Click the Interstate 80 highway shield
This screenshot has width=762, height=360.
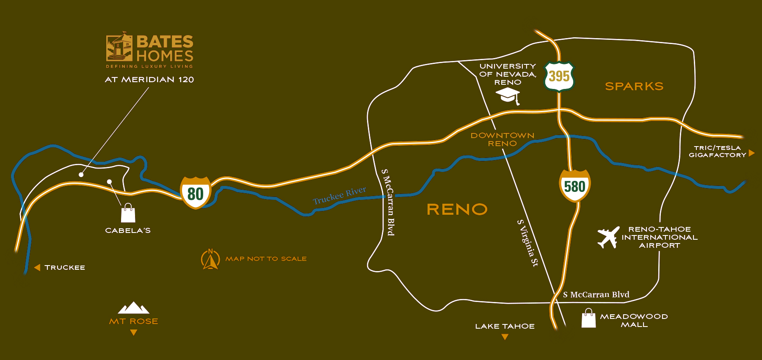tap(195, 193)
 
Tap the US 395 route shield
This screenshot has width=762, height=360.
tap(559, 76)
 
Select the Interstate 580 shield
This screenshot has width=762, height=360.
tap(574, 186)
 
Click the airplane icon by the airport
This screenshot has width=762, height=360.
tap(608, 237)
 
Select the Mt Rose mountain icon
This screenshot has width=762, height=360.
tap(133, 308)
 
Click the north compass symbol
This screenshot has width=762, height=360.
tap(210, 259)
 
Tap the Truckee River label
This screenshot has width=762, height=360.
tap(340, 195)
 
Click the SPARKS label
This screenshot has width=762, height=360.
tap(634, 86)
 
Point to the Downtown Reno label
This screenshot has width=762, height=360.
tap(502, 139)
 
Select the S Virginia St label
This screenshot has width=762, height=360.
tap(528, 243)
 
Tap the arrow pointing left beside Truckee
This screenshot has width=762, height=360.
tap(37, 268)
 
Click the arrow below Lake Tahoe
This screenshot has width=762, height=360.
tap(505, 337)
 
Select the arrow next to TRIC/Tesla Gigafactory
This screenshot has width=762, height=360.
tap(751, 153)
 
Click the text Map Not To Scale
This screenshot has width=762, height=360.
tap(266, 259)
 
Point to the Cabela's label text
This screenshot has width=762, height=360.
tap(128, 230)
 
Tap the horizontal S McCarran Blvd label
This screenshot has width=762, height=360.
tap(596, 294)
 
